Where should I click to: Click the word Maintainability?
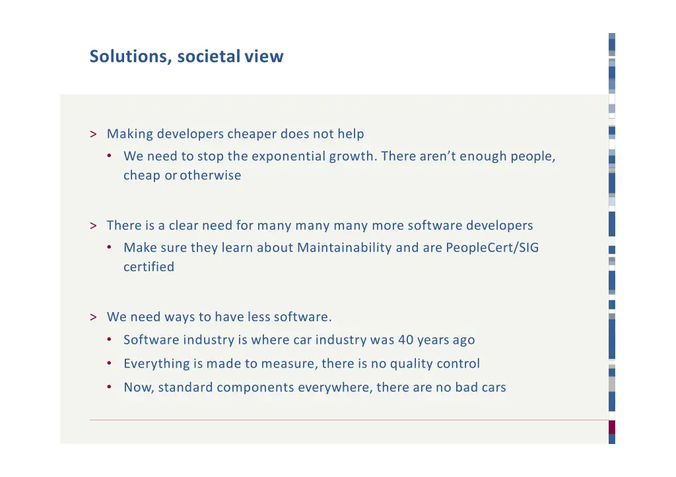(344, 248)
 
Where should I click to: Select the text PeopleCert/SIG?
(492, 248)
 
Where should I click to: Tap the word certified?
(149, 267)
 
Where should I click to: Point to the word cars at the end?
(493, 388)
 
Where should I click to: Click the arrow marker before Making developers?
(93, 135)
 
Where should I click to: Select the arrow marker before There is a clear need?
(93, 226)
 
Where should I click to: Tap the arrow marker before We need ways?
(93, 317)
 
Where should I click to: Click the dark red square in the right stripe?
(611, 427)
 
